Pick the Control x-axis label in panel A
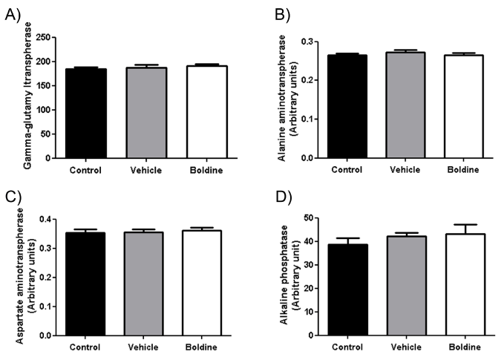[85, 170]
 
